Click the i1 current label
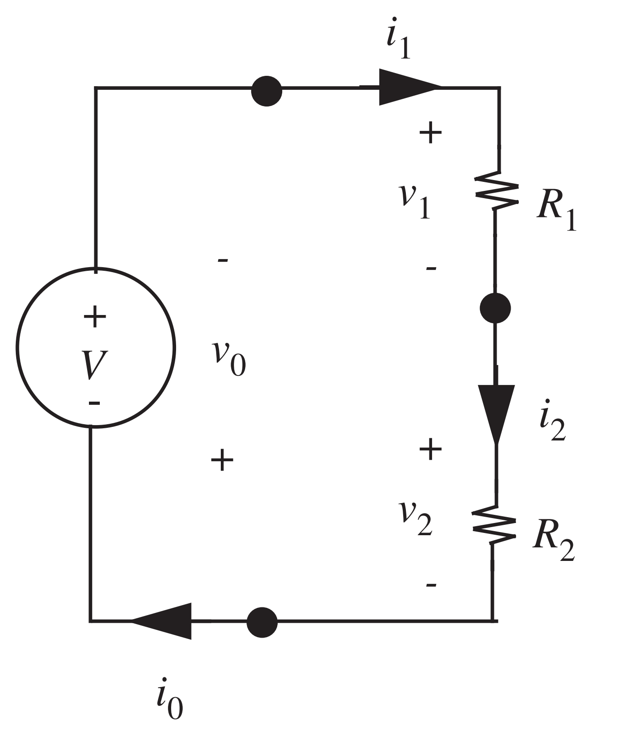pyautogui.click(x=399, y=44)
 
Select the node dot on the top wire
pyautogui.click(x=267, y=91)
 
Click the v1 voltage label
pyautogui.click(x=414, y=201)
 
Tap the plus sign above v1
pyautogui.click(x=430, y=133)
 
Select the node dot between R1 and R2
pyautogui.click(x=495, y=308)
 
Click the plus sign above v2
pyautogui.click(x=430, y=449)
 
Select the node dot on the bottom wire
pyautogui.click(x=262, y=622)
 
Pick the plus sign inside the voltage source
pyautogui.click(x=95, y=317)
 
